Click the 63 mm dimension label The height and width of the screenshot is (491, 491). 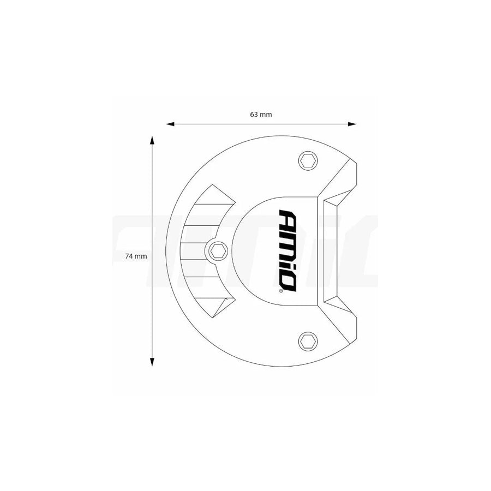click(x=261, y=115)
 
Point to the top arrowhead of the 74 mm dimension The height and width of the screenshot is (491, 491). click(x=152, y=140)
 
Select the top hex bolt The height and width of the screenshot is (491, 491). click(x=307, y=160)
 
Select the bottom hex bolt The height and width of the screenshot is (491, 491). click(x=307, y=341)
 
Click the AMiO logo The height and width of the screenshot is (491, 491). click(x=288, y=250)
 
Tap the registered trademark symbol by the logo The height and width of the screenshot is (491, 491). click(x=281, y=292)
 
